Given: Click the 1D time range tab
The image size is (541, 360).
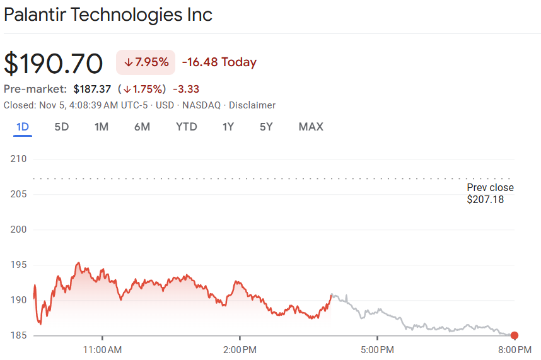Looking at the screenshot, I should point(23,127).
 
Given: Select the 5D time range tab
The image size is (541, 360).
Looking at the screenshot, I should point(62,127).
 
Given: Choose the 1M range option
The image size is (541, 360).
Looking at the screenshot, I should point(102,127).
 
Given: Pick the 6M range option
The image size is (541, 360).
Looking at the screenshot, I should point(142,127).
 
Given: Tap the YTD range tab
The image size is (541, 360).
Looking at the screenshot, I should point(187,127).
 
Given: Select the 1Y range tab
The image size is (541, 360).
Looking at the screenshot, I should point(228,127).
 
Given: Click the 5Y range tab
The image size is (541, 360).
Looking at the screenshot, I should point(266,127).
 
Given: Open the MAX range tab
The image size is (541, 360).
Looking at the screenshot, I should point(311,127).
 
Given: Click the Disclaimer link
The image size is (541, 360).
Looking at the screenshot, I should point(252,105).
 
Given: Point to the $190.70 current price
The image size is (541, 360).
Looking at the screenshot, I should point(54,64).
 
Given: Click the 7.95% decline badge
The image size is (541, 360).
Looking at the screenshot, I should point(146,62).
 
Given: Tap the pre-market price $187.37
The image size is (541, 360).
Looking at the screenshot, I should point(93,89).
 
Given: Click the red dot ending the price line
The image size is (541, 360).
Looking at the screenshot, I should point(515,335).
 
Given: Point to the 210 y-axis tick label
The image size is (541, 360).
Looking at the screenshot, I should point(19,158).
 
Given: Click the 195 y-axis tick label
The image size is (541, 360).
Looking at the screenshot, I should point(19,264).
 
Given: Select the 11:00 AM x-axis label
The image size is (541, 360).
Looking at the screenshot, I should point(102,349).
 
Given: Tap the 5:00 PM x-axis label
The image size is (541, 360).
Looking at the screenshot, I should point(377,349).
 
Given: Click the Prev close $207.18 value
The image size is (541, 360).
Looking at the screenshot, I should point(486,200).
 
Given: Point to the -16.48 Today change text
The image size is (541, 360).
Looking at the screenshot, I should point(219,62).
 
